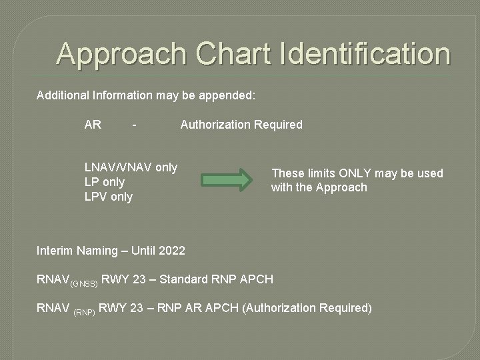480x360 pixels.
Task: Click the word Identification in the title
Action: [x=361, y=54]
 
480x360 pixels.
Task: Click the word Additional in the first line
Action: [x=61, y=95]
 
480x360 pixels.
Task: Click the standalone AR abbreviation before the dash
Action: [x=93, y=125]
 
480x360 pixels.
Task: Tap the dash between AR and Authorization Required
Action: [x=135, y=125]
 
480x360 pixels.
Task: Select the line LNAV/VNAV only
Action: [x=131, y=167]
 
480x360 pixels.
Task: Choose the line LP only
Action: [x=105, y=182]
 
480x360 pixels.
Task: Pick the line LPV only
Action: [x=108, y=197]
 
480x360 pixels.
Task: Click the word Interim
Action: [x=55, y=251]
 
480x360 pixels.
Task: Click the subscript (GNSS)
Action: [x=84, y=283]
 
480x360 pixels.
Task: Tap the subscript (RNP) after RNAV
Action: [x=85, y=311]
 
